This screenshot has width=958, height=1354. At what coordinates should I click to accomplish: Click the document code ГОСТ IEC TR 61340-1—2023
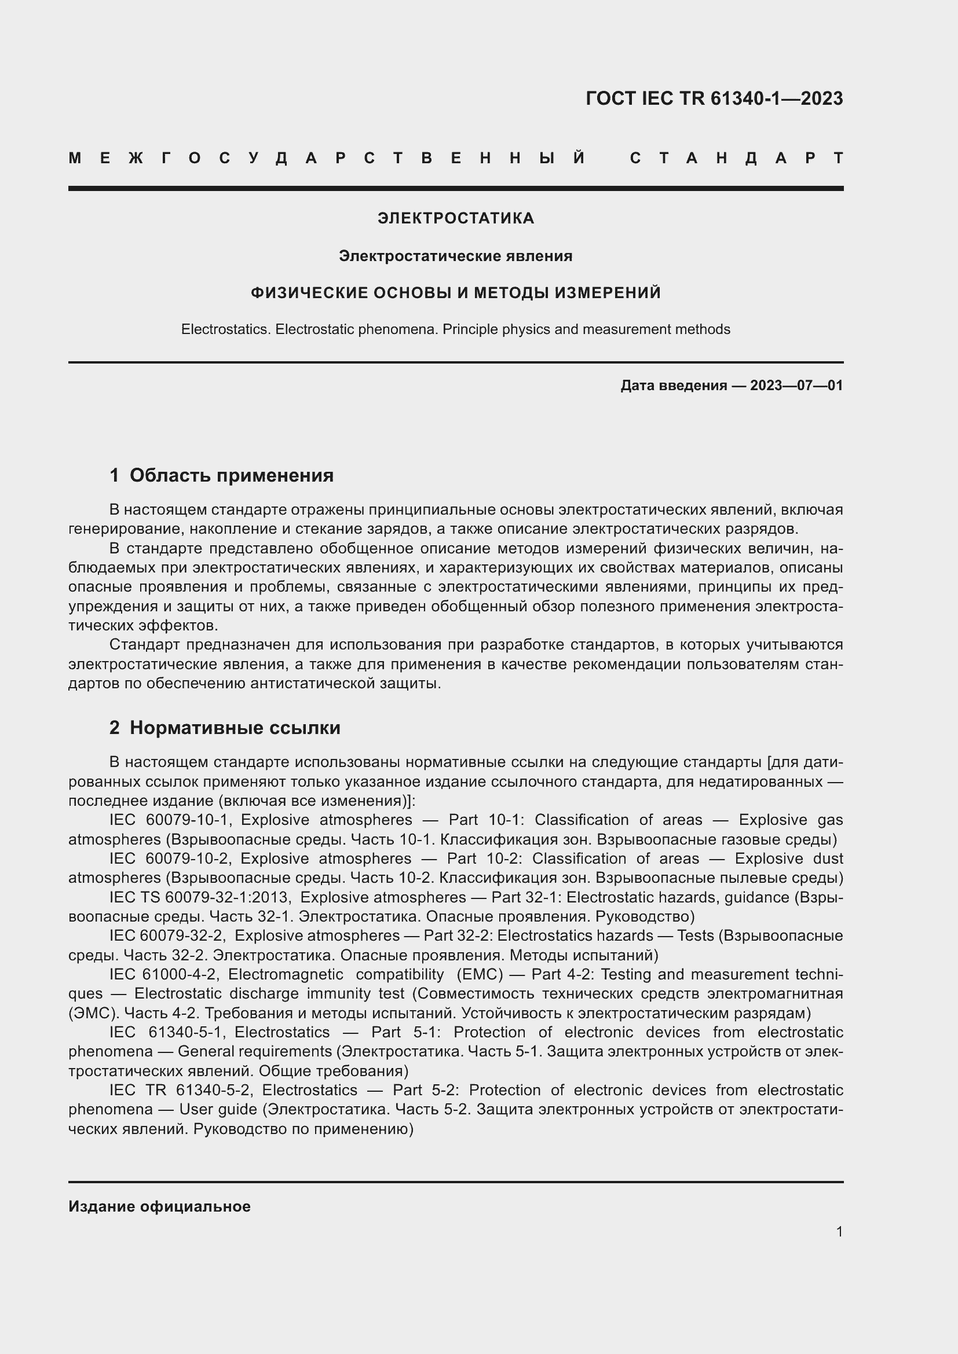[714, 98]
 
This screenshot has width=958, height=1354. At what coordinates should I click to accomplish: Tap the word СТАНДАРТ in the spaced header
[736, 159]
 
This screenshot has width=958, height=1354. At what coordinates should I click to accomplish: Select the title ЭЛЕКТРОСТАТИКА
[455, 219]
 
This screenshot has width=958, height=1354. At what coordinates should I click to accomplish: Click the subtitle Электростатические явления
[455, 256]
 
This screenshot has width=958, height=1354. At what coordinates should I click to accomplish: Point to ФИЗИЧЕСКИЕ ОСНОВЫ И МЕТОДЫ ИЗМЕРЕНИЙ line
[455, 293]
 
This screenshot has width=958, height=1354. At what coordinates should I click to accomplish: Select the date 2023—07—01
[796, 386]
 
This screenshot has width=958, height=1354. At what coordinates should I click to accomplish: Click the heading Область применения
[231, 475]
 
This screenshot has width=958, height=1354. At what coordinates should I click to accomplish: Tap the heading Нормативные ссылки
[235, 728]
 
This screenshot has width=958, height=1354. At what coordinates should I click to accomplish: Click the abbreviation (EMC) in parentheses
[480, 975]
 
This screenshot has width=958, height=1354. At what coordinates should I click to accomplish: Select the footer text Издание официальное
[159, 1206]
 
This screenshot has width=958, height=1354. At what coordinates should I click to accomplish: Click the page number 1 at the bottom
[839, 1231]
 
